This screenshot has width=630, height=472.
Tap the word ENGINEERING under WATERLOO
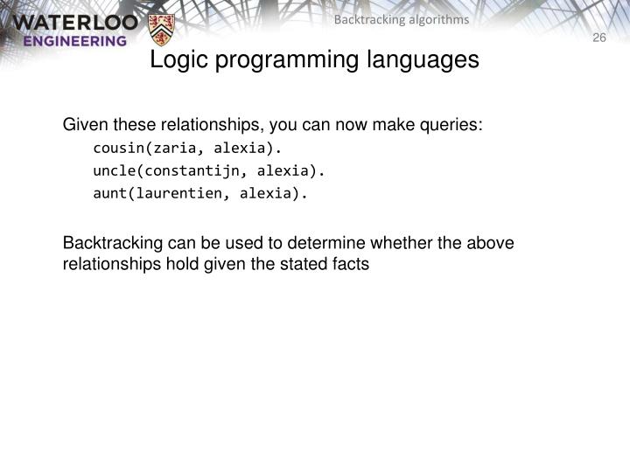tap(74, 40)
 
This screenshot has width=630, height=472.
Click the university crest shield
tap(161, 30)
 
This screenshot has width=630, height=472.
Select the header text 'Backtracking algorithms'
tap(402, 19)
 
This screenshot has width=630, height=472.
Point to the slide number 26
tap(599, 37)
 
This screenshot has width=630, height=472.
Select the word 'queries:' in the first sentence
tap(454, 125)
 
